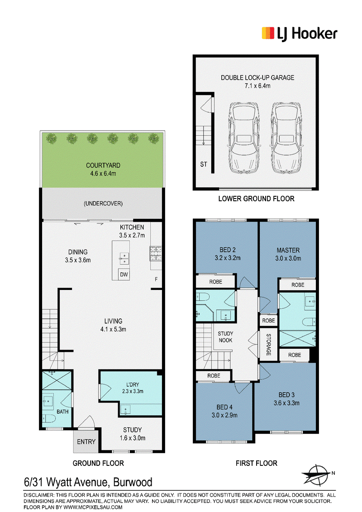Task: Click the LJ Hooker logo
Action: click(299, 33)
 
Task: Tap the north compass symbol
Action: click(316, 474)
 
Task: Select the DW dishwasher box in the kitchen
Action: click(124, 274)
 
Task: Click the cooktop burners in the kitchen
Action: click(156, 254)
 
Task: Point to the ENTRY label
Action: click(86, 442)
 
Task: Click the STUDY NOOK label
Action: click(225, 337)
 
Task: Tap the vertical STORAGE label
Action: click(269, 345)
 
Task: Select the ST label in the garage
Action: click(204, 164)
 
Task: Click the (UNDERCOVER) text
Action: click(103, 204)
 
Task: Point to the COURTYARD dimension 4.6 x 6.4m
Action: click(103, 173)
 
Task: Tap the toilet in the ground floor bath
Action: click(49, 419)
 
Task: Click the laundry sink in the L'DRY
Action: click(125, 409)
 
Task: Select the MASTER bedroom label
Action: click(288, 250)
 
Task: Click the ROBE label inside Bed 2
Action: click(216, 281)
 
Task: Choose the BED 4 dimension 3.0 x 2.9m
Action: click(224, 415)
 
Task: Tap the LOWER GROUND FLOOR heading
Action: click(257, 199)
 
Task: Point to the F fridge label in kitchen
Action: click(156, 279)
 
